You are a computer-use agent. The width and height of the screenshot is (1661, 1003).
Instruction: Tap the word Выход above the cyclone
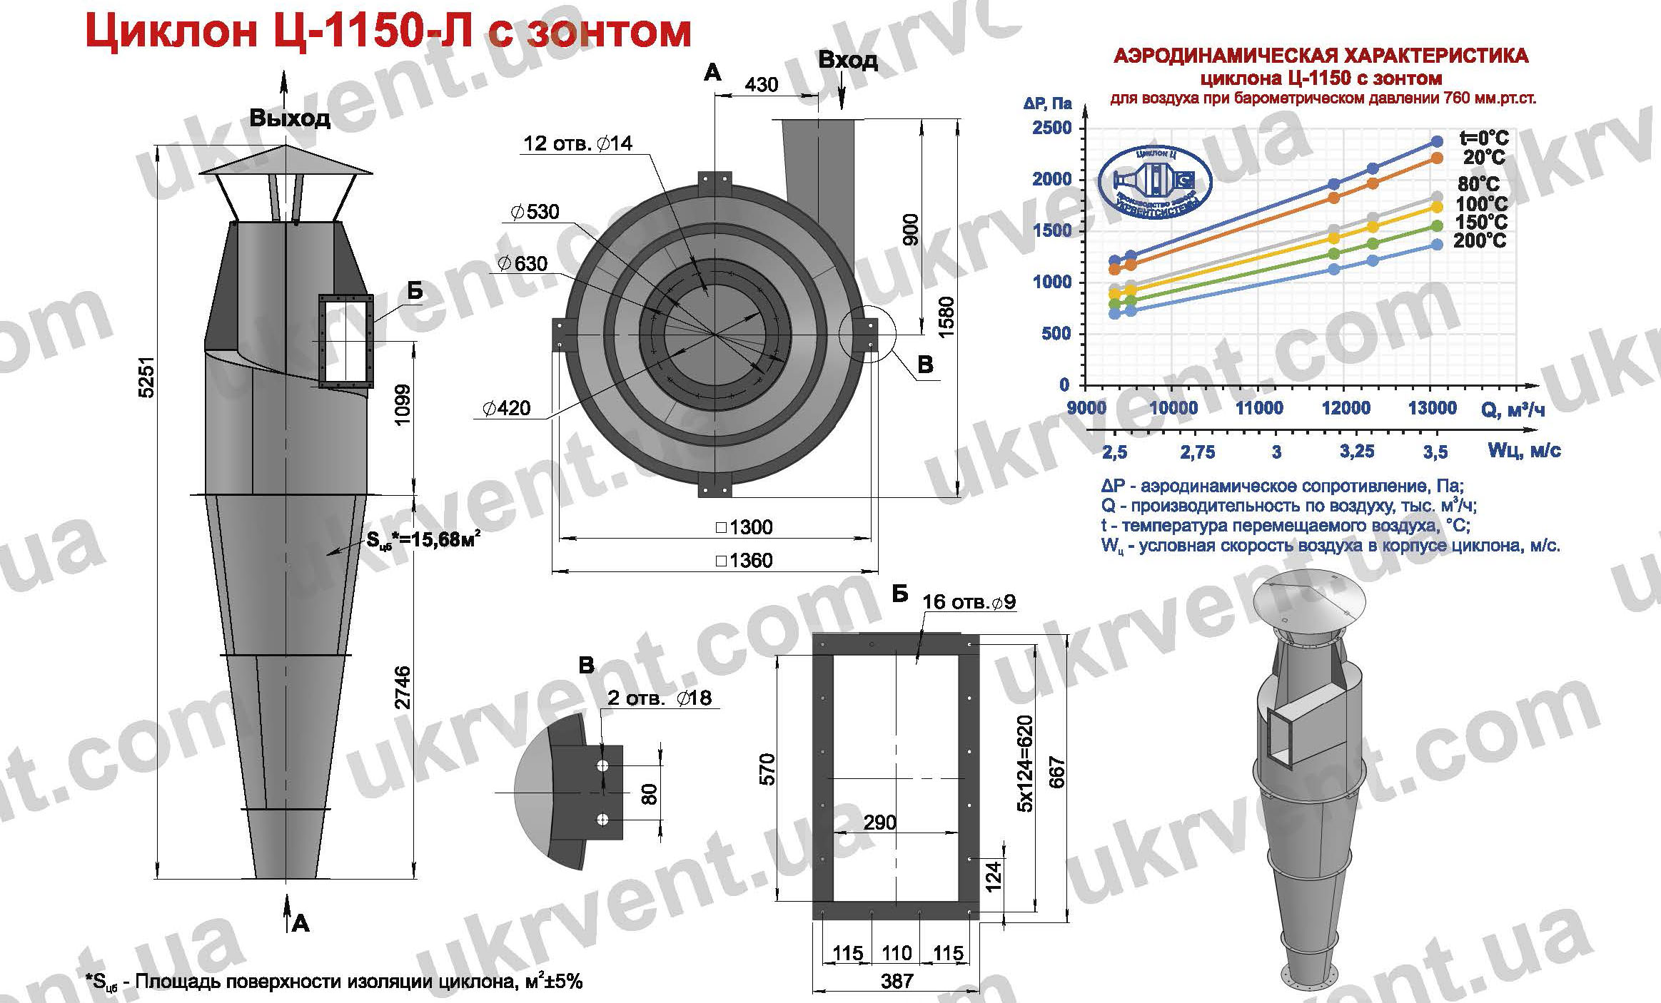point(290,118)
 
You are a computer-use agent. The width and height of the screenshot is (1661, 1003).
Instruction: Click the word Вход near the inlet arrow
point(848,60)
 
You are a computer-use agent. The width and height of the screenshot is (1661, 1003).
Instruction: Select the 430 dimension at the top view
point(761,84)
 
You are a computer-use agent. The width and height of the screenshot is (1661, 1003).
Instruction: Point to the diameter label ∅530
point(535,212)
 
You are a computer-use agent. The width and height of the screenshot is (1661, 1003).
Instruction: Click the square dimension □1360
point(744,560)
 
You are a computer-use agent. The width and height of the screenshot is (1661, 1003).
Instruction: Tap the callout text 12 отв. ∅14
point(577,143)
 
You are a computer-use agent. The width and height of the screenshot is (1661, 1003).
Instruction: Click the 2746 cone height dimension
point(403,686)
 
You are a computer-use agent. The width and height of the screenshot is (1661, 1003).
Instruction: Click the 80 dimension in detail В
point(649,793)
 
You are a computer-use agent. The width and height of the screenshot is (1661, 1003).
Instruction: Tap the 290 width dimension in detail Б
point(879,823)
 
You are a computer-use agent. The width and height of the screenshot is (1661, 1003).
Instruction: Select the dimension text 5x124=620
point(1026,763)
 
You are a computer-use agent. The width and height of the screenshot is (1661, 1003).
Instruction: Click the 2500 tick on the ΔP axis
point(1051,128)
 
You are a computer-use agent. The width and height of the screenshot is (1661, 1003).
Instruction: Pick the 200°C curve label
point(1480,241)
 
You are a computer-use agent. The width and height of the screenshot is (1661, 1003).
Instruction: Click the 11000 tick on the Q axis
point(1259,408)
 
